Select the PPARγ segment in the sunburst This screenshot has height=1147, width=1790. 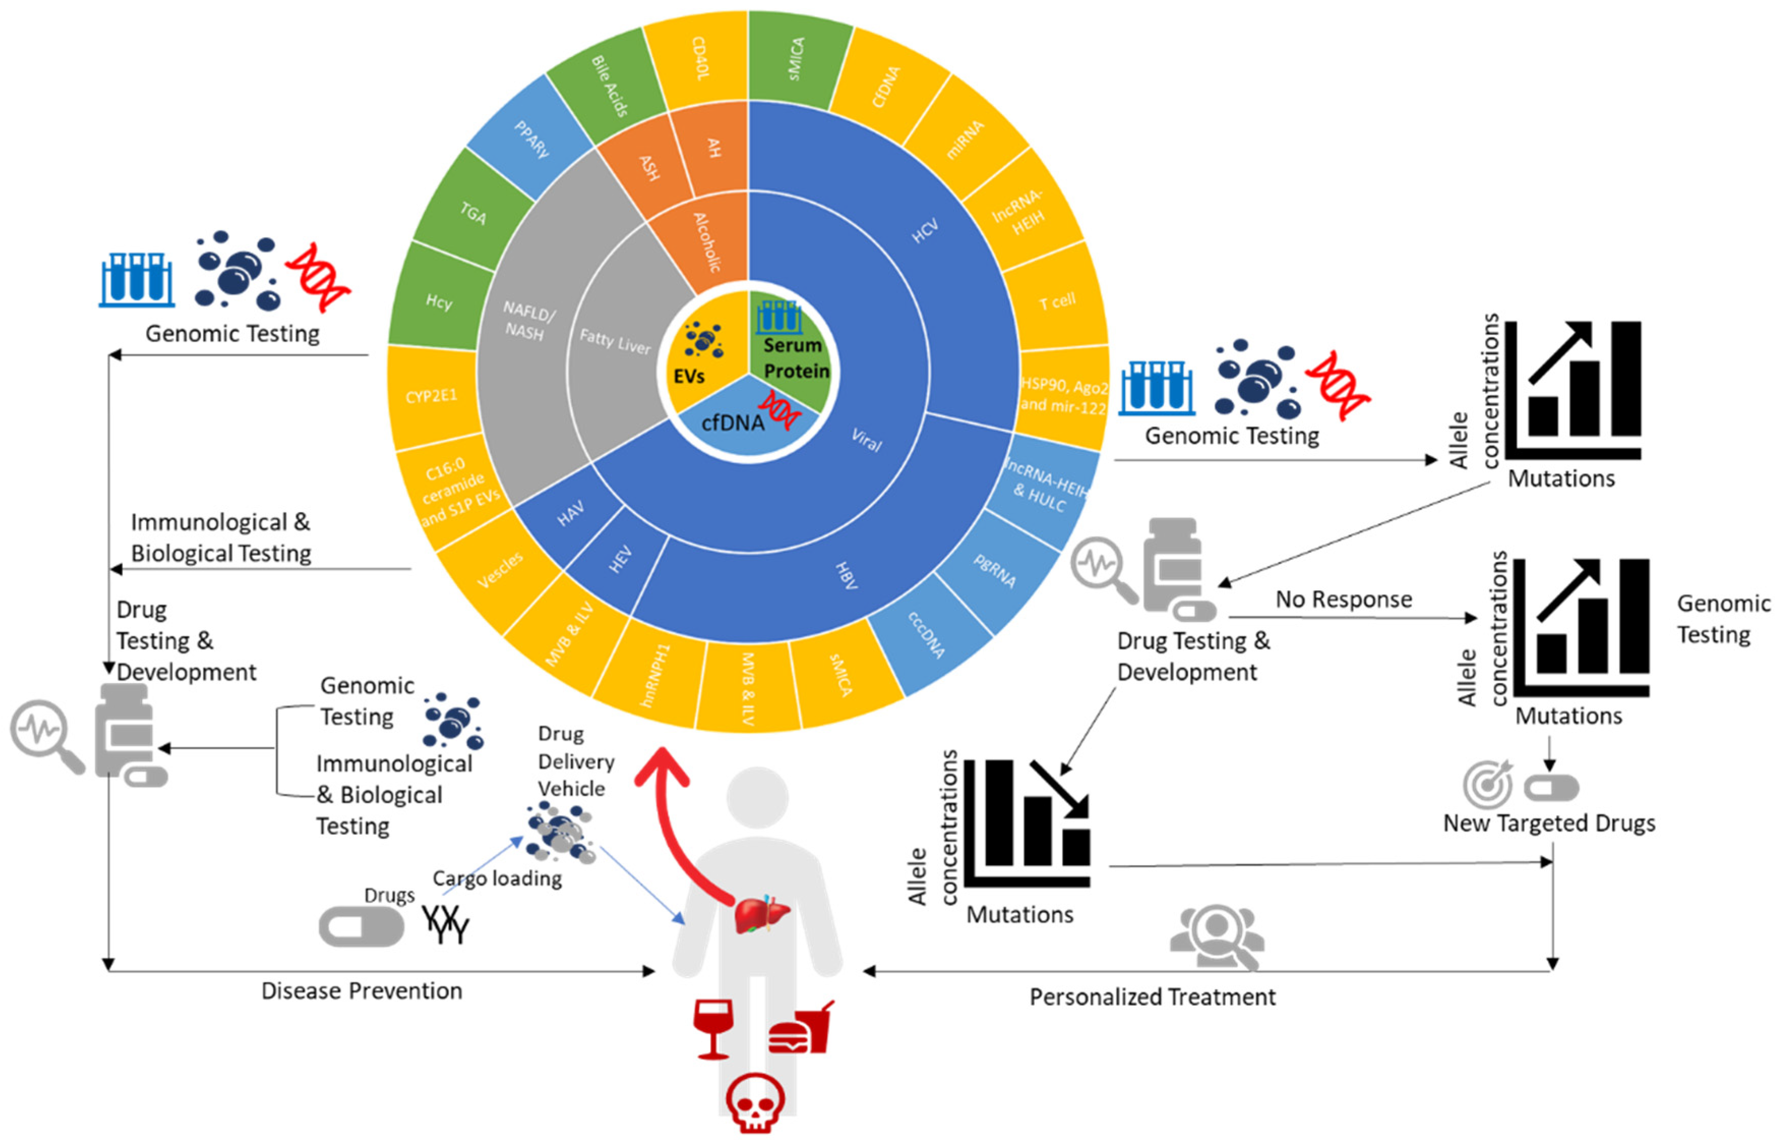tap(530, 138)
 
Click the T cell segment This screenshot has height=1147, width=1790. tap(1057, 301)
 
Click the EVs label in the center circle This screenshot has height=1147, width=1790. tap(689, 376)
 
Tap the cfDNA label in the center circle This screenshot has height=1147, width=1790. tap(733, 423)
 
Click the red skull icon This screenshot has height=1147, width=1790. tap(755, 1102)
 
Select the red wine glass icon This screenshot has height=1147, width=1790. tap(713, 1028)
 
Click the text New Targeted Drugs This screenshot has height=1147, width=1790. tap(1549, 823)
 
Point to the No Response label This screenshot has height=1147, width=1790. tap(1343, 599)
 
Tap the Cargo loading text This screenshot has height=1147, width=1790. tap(498, 879)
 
